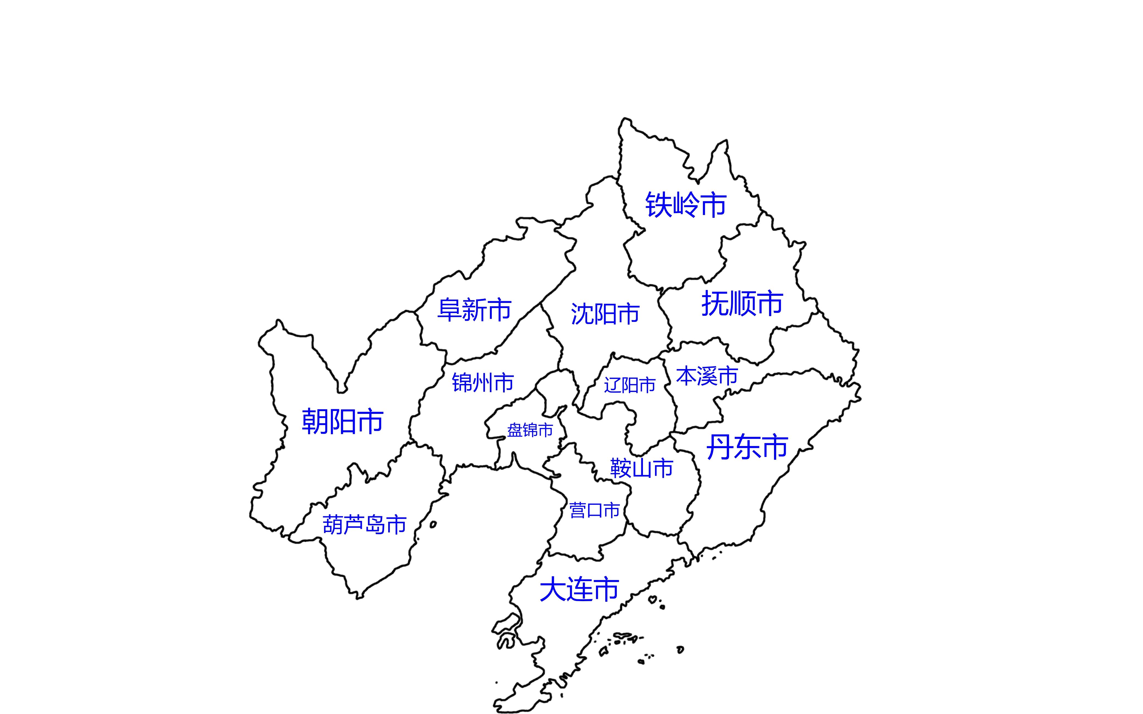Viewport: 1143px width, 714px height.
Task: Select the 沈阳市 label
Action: [605, 314]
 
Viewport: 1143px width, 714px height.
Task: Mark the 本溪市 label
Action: [707, 376]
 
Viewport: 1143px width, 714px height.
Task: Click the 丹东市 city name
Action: [747, 447]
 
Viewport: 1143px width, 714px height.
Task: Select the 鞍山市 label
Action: [641, 468]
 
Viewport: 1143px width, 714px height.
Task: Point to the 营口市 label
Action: [594, 511]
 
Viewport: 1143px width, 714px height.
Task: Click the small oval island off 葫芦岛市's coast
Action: [433, 525]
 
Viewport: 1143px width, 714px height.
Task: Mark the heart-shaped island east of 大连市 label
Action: [653, 600]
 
